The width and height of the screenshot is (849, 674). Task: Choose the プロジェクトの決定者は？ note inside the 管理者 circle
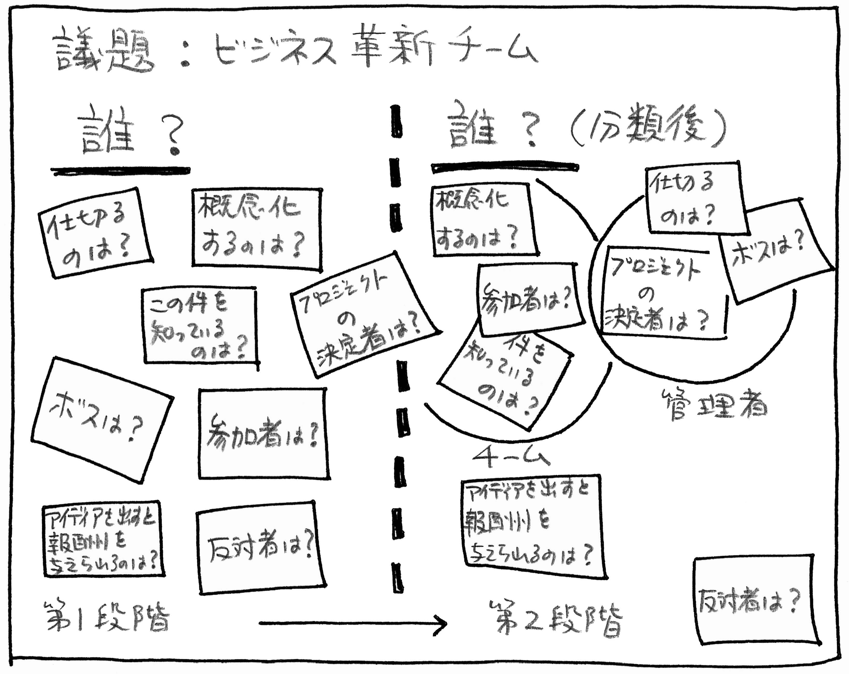(x=658, y=292)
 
